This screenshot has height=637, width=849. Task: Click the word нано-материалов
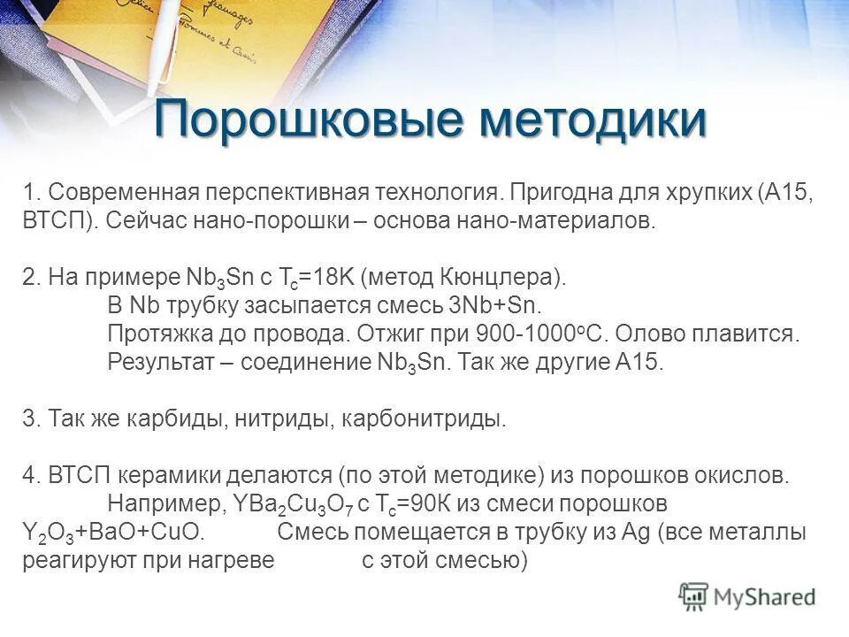tap(556, 220)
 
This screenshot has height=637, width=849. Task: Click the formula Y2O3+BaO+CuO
tap(113, 533)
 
